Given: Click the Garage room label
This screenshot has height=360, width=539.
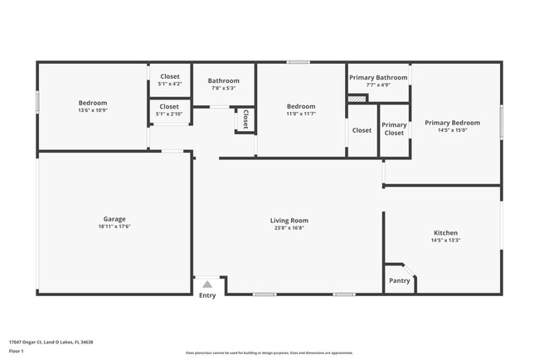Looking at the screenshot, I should (115, 220).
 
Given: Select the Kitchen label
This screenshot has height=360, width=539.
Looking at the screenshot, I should (445, 233).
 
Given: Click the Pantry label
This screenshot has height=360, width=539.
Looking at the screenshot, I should (399, 280).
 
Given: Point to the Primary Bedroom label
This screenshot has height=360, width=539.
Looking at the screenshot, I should (452, 123).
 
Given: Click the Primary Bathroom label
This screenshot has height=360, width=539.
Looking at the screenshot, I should (378, 77).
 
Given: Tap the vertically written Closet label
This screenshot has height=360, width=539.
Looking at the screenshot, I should (245, 119).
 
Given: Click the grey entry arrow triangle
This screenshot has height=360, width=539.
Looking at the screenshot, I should (207, 284).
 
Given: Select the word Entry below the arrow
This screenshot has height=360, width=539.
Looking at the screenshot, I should (207, 295).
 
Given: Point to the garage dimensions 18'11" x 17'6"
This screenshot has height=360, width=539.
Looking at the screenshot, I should (115, 226).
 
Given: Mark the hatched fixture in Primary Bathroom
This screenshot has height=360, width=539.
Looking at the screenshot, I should (357, 99).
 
